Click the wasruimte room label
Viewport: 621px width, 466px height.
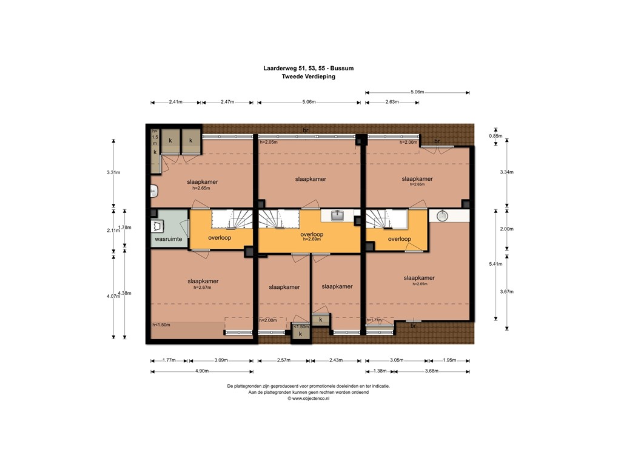[169, 240]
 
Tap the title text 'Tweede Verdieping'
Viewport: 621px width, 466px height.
[308, 77]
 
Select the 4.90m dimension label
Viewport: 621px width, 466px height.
[202, 371]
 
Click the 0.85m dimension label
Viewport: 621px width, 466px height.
[496, 136]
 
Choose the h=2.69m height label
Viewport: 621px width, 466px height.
[312, 240]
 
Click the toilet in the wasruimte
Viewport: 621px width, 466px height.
[159, 226]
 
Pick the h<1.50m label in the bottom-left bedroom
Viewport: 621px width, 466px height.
[161, 325]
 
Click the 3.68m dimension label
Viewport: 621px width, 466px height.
[432, 371]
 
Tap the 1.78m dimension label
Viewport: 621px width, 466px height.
[124, 228]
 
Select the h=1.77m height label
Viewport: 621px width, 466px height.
[374, 320]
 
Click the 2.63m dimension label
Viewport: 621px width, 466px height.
[392, 102]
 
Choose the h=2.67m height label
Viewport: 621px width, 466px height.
[203, 288]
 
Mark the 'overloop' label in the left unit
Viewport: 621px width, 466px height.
[220, 238]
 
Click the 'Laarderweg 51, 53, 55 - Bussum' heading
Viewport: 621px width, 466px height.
[308, 69]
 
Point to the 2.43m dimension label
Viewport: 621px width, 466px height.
[337, 360]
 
